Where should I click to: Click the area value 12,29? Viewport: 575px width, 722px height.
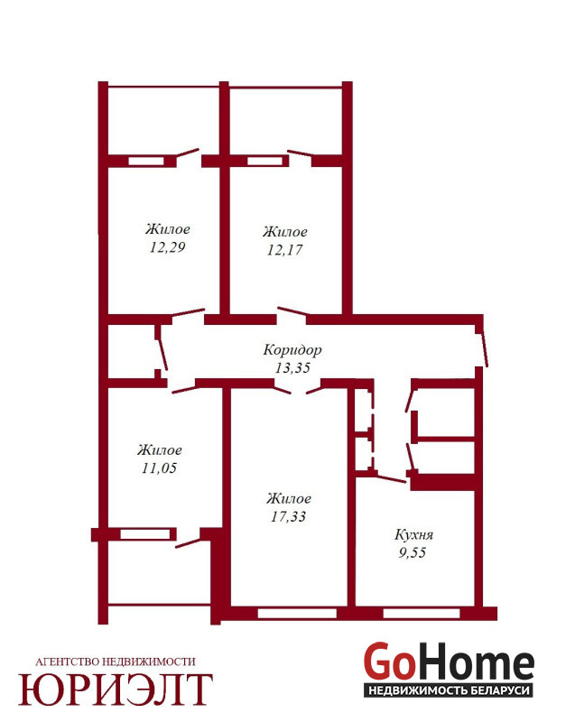(x=167, y=247)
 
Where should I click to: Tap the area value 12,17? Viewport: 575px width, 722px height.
(x=284, y=250)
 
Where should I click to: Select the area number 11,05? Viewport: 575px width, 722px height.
(x=159, y=467)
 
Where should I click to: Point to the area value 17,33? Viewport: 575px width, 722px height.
(x=288, y=516)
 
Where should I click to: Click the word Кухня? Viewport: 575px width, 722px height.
(x=413, y=534)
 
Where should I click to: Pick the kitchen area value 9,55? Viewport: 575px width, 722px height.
(x=413, y=552)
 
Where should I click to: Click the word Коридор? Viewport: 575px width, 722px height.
(x=292, y=350)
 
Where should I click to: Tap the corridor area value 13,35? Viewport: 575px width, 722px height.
(x=292, y=368)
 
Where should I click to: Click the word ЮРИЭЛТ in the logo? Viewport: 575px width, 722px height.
(x=116, y=690)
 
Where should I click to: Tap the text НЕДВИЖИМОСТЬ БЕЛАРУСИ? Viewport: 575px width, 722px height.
(x=448, y=690)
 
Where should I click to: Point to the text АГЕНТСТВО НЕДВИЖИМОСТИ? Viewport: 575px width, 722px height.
(x=116, y=662)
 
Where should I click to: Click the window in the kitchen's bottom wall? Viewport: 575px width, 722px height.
(x=422, y=614)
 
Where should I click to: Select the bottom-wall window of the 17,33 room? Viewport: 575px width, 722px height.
(x=297, y=614)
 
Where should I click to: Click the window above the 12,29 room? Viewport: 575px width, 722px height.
(x=146, y=162)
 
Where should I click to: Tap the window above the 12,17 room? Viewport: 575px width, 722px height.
(x=264, y=162)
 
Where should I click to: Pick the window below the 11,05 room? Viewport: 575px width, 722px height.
(x=145, y=534)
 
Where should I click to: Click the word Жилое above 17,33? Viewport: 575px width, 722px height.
(x=289, y=498)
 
